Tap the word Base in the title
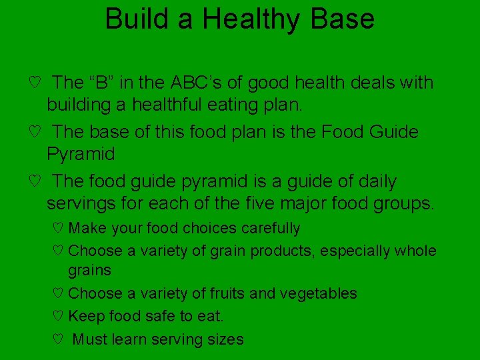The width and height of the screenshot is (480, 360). coord(347,19)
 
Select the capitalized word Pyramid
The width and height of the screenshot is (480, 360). coord(81,154)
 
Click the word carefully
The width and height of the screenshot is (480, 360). coord(271,229)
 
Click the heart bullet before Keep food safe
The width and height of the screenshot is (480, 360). coord(57,316)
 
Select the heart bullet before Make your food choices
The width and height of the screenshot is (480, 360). coord(57,229)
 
